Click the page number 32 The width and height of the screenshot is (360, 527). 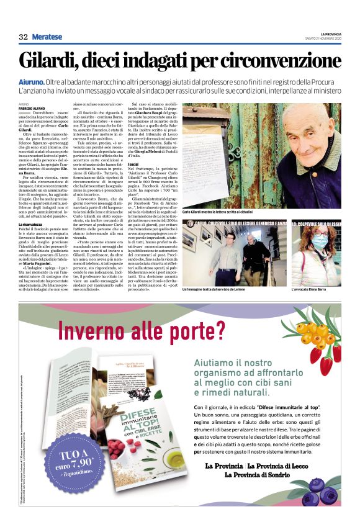tap(24, 37)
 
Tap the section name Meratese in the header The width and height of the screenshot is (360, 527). tap(48, 37)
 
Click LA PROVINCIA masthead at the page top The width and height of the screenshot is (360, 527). tap(330, 34)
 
